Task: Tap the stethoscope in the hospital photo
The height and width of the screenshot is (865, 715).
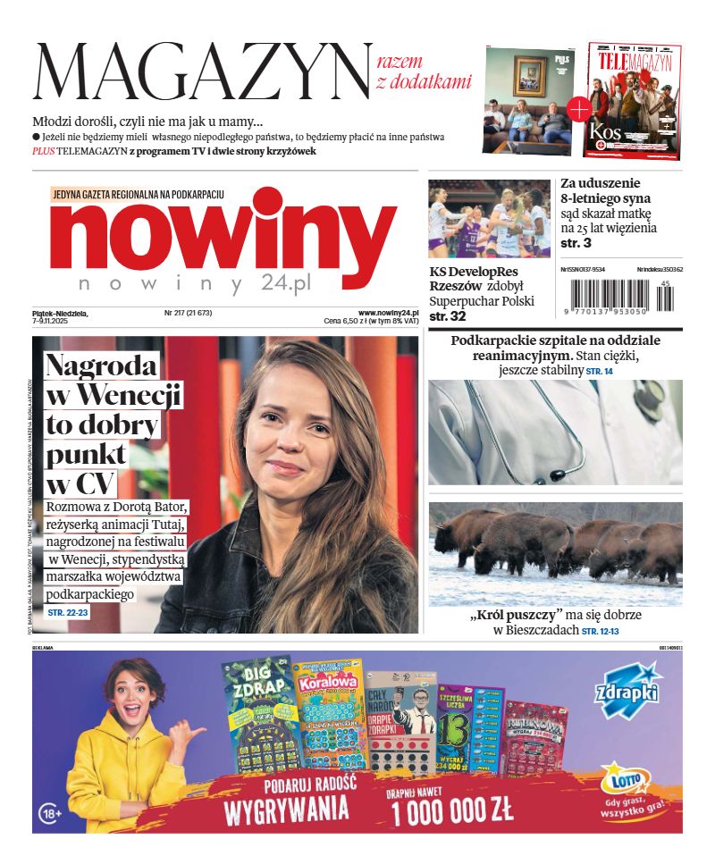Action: [x=500, y=438]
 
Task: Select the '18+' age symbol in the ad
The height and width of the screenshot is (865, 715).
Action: [x=51, y=813]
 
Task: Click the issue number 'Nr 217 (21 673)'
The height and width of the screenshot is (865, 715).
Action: [x=188, y=313]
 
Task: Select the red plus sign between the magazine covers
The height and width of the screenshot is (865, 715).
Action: [x=579, y=110]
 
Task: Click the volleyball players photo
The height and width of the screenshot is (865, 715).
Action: [x=489, y=219]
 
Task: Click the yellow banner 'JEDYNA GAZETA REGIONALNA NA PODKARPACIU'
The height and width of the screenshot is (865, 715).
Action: [x=139, y=194]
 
